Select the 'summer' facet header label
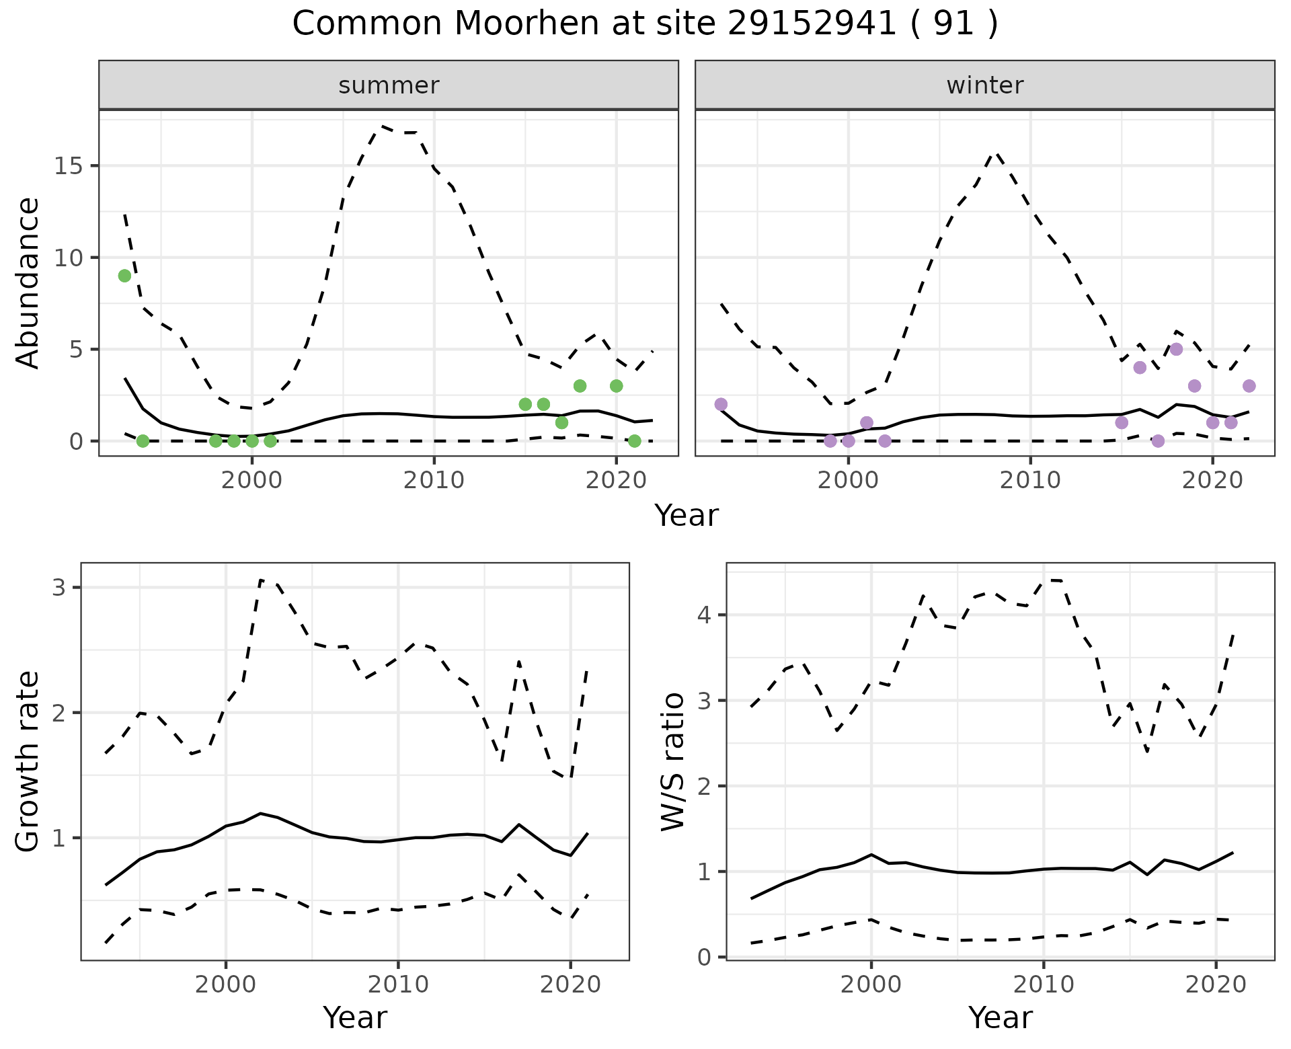click(389, 85)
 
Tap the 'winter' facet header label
click(984, 85)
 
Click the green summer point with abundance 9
click(124, 276)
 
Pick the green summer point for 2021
click(634, 441)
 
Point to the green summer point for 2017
click(561, 422)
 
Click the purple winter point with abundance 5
click(1176, 349)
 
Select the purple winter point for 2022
click(1249, 386)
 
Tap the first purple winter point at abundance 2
click(721, 404)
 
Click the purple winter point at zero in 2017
click(1158, 441)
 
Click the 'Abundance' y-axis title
click(28, 282)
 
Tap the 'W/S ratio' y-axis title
click(673, 762)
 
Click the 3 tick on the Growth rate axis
click(59, 588)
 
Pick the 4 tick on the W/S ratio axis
click(705, 615)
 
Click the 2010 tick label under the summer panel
click(434, 480)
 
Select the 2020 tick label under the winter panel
click(1212, 480)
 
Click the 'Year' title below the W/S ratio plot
click(1000, 1018)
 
